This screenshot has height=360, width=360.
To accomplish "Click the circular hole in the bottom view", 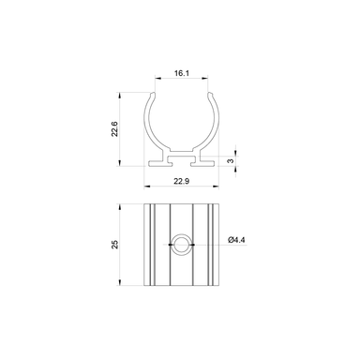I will click(x=180, y=246).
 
